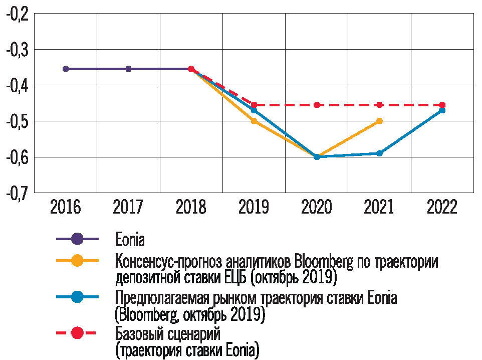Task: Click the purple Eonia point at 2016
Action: click(x=66, y=69)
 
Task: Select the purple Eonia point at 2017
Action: click(x=128, y=69)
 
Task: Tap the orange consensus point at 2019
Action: click(x=254, y=121)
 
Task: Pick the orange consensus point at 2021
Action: click(x=379, y=121)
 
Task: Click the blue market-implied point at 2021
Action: click(x=379, y=153)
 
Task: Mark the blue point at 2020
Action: click(x=317, y=157)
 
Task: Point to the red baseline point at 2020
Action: click(x=317, y=105)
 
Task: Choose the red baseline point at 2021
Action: click(x=379, y=105)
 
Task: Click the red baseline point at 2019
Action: click(x=254, y=105)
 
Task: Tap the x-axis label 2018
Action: click(x=191, y=207)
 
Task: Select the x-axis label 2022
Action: click(x=442, y=207)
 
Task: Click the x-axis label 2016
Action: click(x=66, y=207)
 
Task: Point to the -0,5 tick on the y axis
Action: click(x=17, y=121)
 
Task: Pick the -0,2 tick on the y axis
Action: click(x=17, y=15)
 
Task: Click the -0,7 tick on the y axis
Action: click(x=17, y=193)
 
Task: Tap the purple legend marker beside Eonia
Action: click(x=77, y=239)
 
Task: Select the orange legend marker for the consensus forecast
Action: click(x=77, y=261)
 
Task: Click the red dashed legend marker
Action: click(x=77, y=333)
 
